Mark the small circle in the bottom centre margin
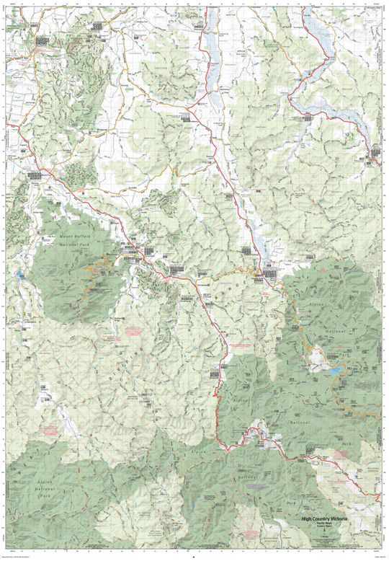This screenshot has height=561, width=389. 192,556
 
